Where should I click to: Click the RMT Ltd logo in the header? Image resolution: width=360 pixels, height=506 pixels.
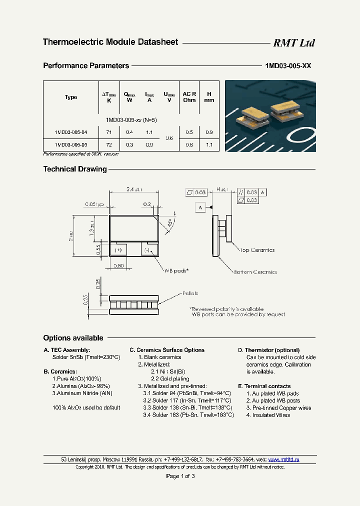pyautogui.click(x=293, y=43)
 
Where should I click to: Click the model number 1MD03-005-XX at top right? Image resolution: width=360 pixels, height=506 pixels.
pyautogui.click(x=287, y=66)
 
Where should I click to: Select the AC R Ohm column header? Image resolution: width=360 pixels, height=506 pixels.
pyautogui.click(x=189, y=96)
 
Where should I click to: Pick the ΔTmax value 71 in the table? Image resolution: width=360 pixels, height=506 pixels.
pyautogui.click(x=109, y=132)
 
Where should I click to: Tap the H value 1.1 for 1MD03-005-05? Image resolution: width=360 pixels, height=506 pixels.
pyautogui.click(x=209, y=145)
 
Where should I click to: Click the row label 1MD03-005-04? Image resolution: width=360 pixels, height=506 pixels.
pyautogui.click(x=71, y=132)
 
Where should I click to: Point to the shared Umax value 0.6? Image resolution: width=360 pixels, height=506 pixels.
pyautogui.click(x=169, y=138)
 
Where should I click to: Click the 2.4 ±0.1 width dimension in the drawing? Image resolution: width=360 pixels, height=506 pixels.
pyautogui.click(x=134, y=189)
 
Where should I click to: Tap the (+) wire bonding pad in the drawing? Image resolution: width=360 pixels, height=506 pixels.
pyautogui.click(x=118, y=249)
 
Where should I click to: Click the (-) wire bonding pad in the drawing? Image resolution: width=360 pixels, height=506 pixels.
pyautogui.click(x=148, y=249)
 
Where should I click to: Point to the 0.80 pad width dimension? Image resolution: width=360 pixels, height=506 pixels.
pyautogui.click(x=118, y=265)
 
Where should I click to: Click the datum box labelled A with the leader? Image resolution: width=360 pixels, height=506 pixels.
pyautogui.click(x=200, y=207)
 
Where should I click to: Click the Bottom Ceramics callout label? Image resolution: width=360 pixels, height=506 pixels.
pyautogui.click(x=255, y=272)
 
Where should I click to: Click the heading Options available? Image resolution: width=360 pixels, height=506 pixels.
pyautogui.click(x=73, y=338)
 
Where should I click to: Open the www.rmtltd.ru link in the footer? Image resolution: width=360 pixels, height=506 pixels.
pyautogui.click(x=284, y=459)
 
